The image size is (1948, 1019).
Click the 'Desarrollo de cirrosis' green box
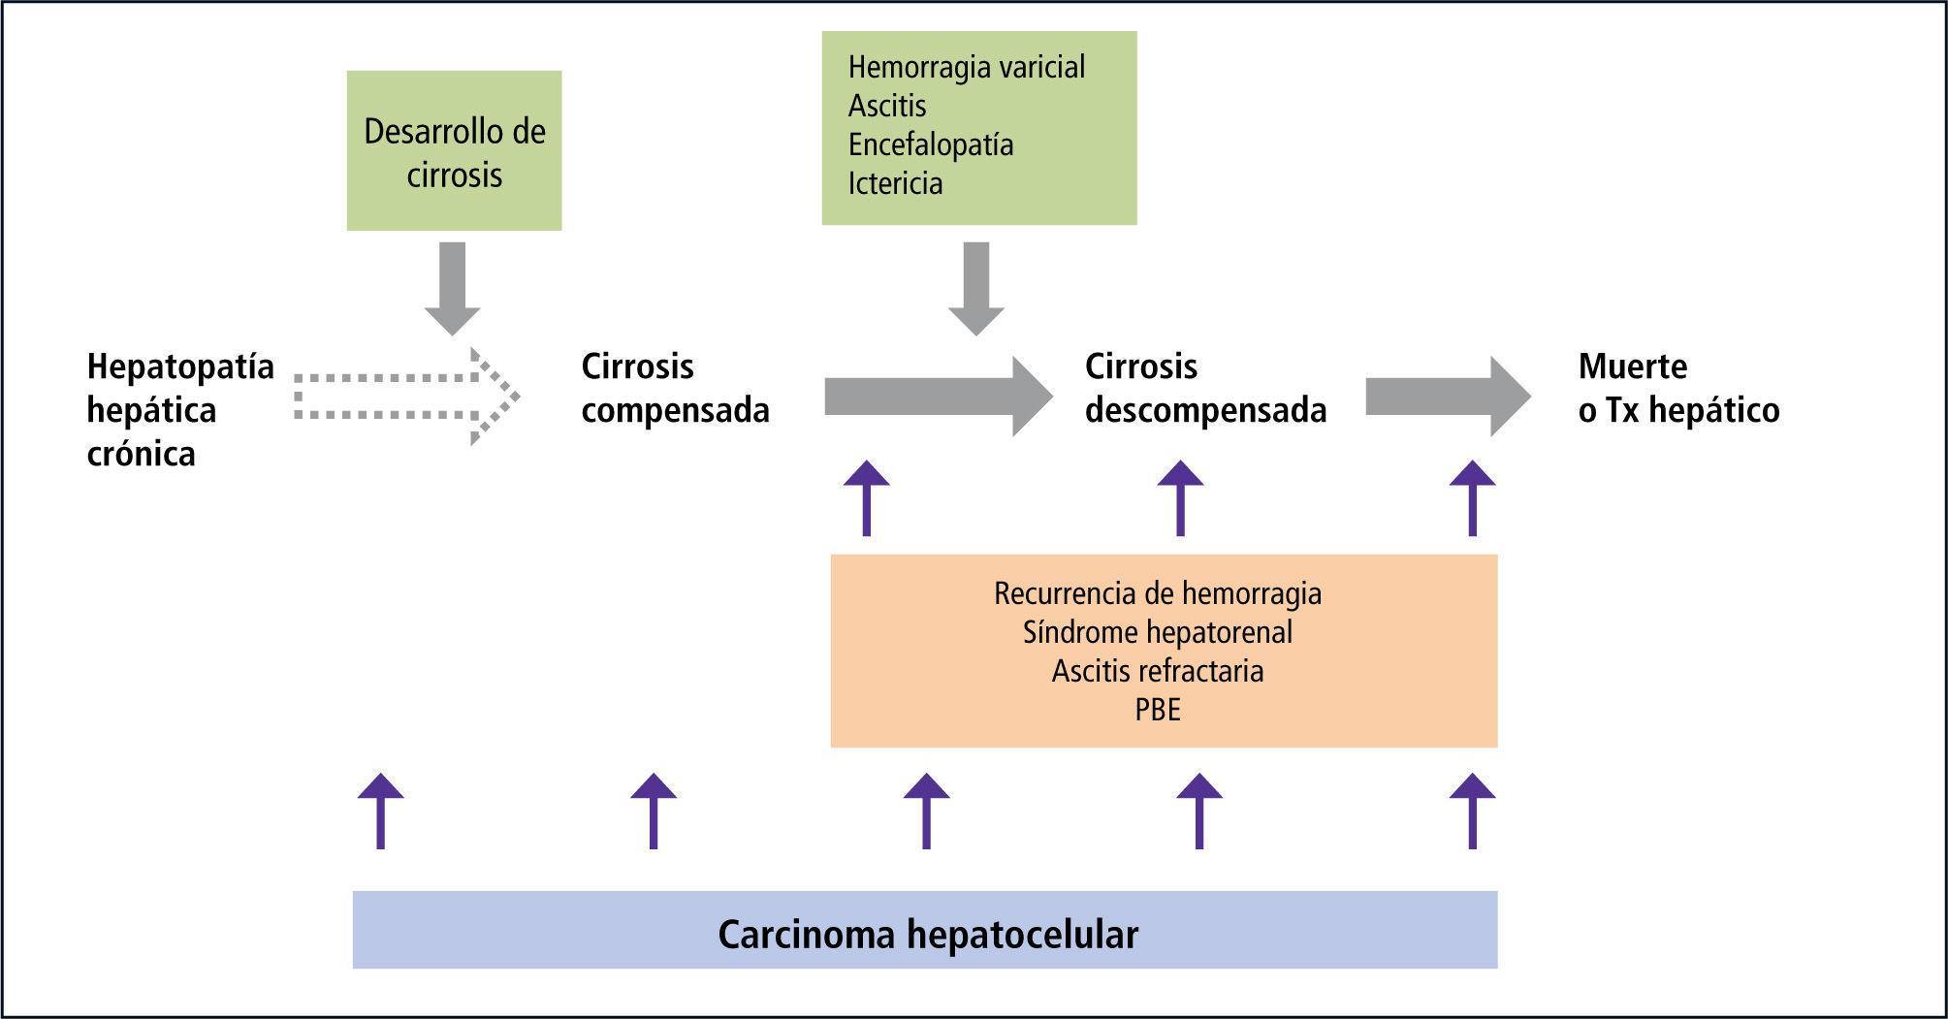pos(454,151)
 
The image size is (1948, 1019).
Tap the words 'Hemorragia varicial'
pos(966,67)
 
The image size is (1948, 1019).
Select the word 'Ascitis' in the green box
pos(886,106)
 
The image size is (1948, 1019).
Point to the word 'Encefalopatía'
pos(930,144)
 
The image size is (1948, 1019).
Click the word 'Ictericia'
pos(894,183)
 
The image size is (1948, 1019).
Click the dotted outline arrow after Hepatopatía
pos(405,397)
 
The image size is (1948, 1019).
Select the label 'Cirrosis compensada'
pos(674,388)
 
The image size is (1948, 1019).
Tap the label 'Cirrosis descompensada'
pos(1204,388)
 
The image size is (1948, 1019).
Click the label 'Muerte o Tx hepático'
pos(1677,388)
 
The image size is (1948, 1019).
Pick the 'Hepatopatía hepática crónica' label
pos(179,409)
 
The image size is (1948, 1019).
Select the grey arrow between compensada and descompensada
pos(937,397)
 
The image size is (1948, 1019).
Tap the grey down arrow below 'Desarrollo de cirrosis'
pos(452,288)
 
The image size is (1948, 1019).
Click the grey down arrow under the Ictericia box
pos(975,288)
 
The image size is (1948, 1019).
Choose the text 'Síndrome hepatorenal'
pos(1157,632)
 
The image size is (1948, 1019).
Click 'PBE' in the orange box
pos(1157,710)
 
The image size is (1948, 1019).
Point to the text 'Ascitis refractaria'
pos(1157,671)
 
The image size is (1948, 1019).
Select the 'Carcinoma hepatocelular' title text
pos(927,935)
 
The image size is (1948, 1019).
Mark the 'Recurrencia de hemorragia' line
pos(1157,593)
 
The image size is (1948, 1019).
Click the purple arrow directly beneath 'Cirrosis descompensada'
pos(1180,498)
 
